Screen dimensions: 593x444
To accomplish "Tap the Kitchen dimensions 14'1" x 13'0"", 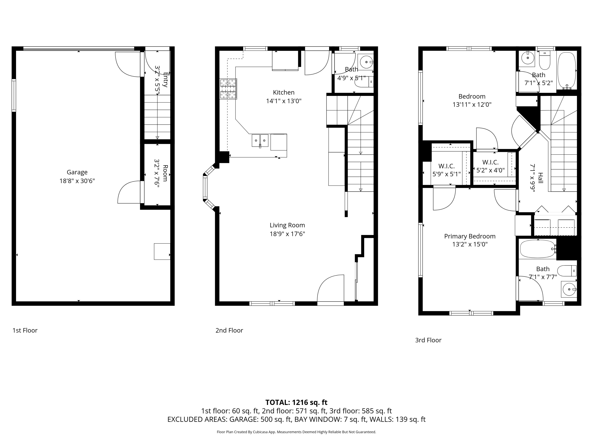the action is [284, 101].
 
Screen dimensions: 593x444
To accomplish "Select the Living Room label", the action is [287, 225].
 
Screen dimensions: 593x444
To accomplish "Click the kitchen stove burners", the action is [228, 89].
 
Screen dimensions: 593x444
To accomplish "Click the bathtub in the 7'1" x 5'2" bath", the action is [567, 71].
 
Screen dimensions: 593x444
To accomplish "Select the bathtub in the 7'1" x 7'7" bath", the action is [537, 249].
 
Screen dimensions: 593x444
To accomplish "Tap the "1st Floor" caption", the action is [25, 330].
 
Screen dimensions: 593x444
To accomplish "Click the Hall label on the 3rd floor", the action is [540, 178].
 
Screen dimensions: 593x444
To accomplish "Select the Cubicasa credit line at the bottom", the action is [296, 432].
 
